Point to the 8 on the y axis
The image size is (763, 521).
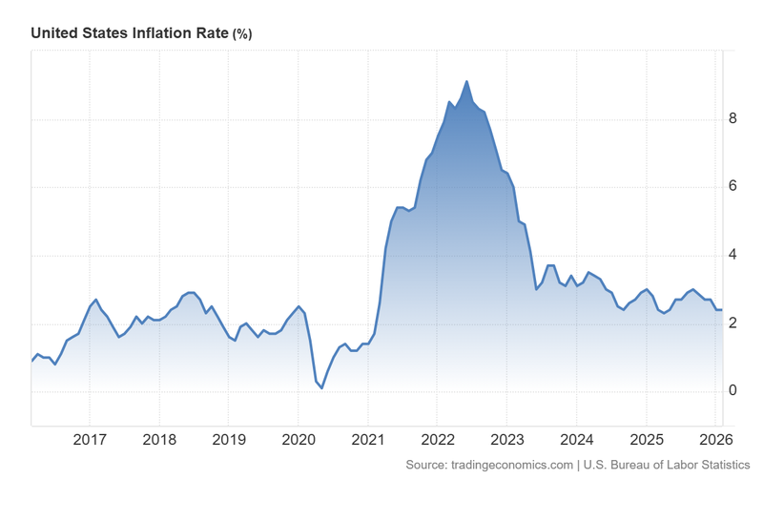click(x=733, y=119)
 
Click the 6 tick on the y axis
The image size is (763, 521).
click(x=733, y=187)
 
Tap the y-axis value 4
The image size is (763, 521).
click(x=733, y=255)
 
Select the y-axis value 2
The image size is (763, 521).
click(x=733, y=323)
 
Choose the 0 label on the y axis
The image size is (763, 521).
click(x=733, y=390)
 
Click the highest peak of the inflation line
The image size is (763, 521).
click(x=466, y=82)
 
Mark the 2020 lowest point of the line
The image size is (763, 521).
click(x=321, y=387)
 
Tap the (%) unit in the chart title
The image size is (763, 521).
click(x=242, y=34)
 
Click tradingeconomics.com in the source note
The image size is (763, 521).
click(x=510, y=465)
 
